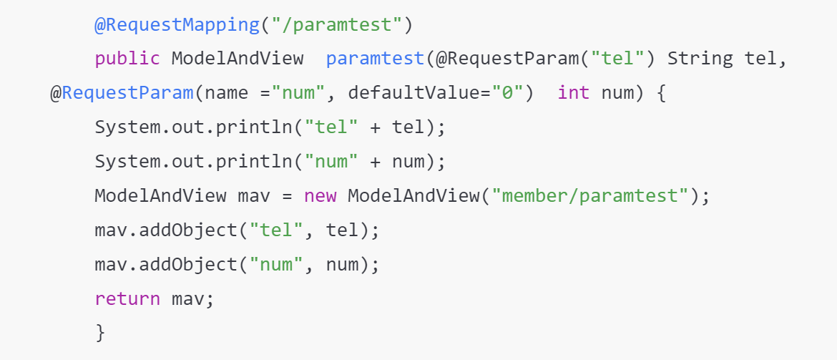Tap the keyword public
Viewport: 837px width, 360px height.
coord(127,58)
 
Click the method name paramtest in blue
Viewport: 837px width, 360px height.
coord(375,58)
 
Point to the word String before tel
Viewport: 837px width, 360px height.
coord(700,58)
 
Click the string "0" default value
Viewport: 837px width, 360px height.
coord(507,94)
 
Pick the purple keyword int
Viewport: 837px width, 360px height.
coord(574,94)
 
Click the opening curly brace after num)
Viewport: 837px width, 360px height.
coord(660,94)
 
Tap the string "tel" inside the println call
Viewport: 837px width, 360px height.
coord(331,127)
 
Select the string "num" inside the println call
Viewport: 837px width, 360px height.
coord(331,162)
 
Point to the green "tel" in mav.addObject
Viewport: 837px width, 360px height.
coord(276,230)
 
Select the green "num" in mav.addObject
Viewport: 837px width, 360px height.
coord(276,264)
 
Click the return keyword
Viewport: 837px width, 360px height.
coord(127,298)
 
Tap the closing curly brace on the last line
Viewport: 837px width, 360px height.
coord(100,332)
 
